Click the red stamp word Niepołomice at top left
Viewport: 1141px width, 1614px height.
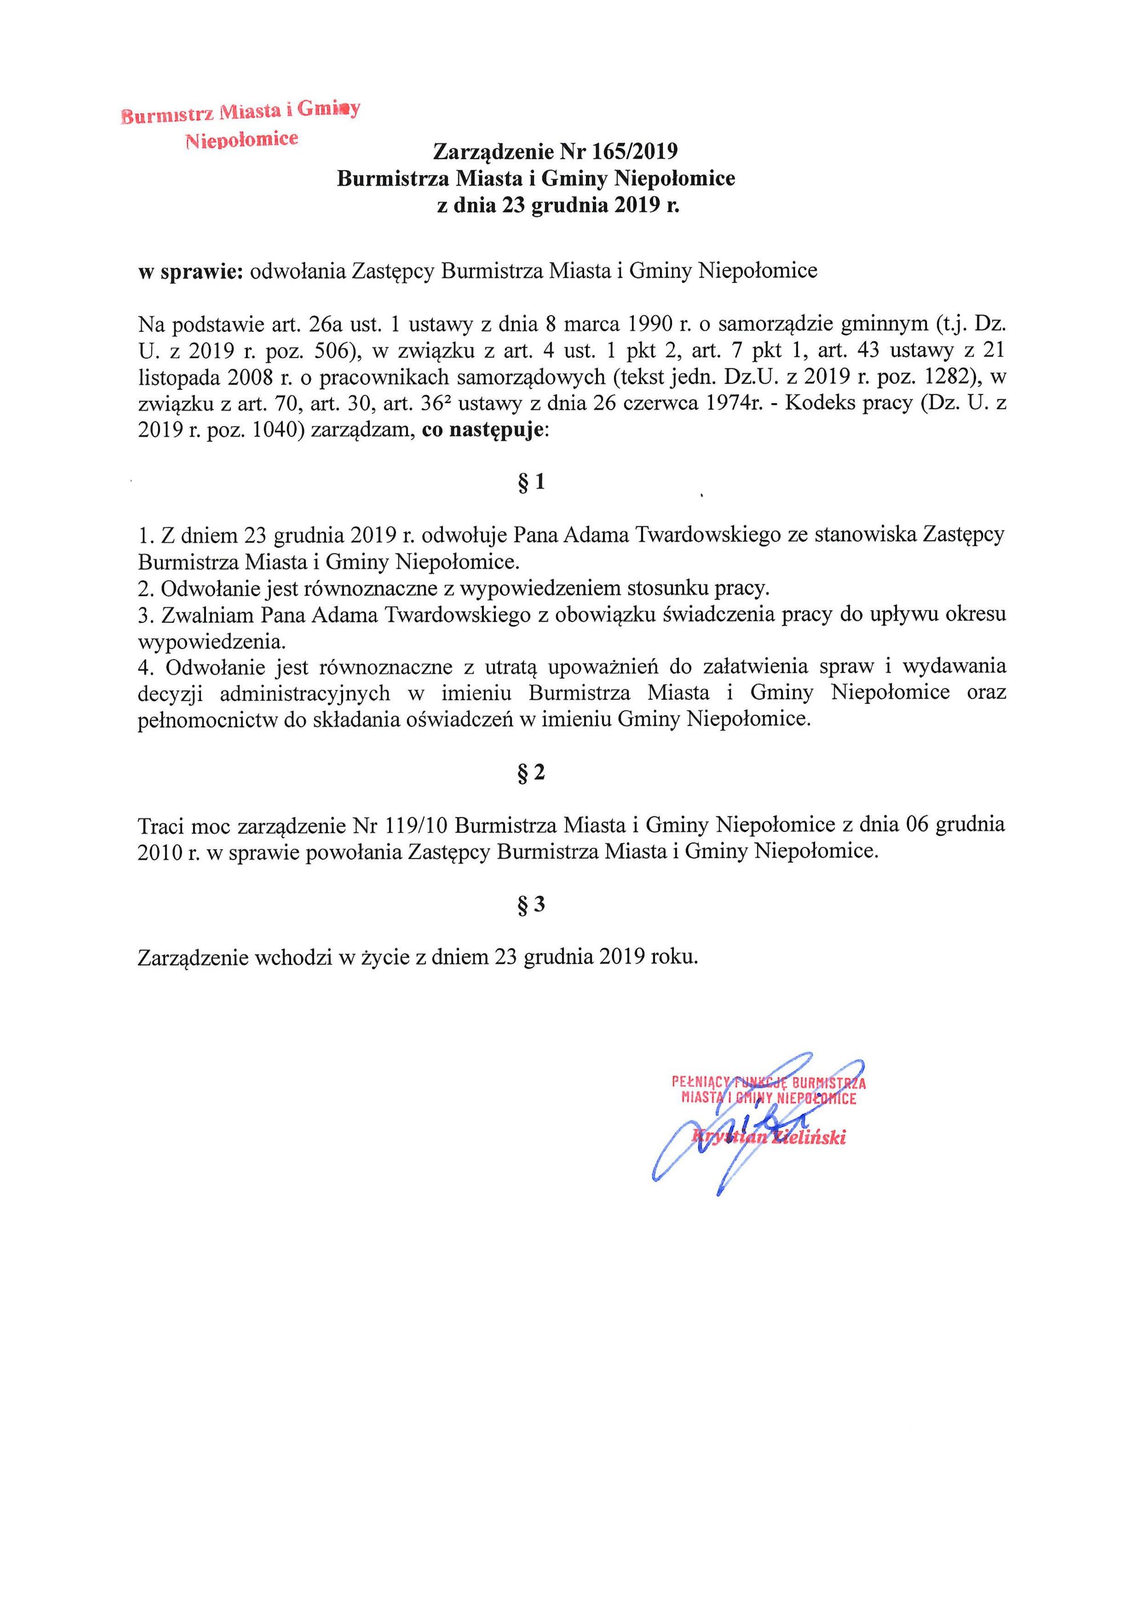click(241, 139)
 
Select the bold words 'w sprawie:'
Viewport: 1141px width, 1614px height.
click(191, 271)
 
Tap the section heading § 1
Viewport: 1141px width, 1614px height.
click(531, 483)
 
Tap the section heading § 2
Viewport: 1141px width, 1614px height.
click(531, 773)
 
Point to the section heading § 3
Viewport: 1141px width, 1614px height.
click(531, 905)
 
